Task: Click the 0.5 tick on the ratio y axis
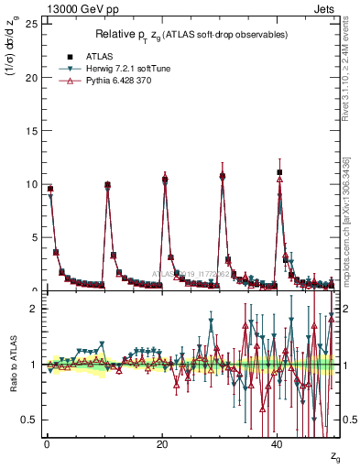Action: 27,420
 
